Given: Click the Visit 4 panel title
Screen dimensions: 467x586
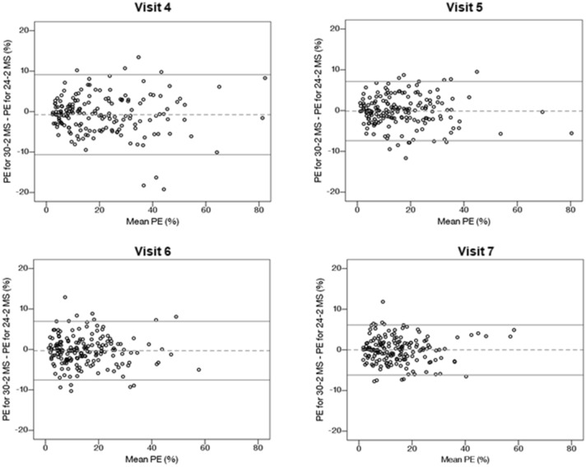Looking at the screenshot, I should (153, 7).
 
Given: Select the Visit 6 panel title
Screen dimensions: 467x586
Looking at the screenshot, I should (153, 245).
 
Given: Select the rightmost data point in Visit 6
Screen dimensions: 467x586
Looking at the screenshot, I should (198, 370).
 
